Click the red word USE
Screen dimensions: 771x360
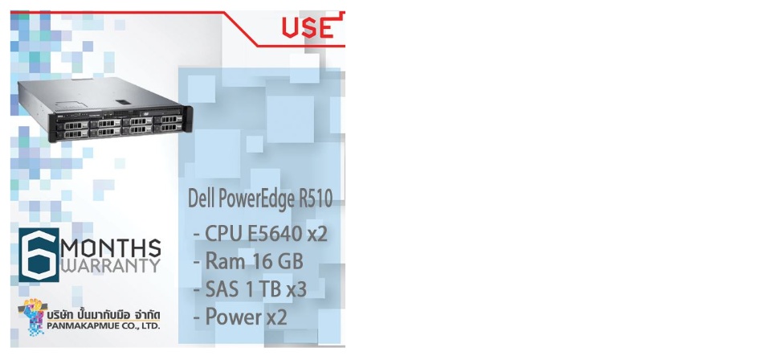[308, 27]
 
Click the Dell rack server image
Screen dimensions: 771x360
[104, 109]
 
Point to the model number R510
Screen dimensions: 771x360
[316, 198]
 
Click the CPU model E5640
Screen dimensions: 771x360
[275, 234]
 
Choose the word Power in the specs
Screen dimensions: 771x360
[233, 317]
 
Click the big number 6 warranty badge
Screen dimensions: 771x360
[39, 256]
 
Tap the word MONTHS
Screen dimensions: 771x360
[110, 247]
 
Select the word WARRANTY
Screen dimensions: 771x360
[110, 265]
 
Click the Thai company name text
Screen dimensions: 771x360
[104, 314]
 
